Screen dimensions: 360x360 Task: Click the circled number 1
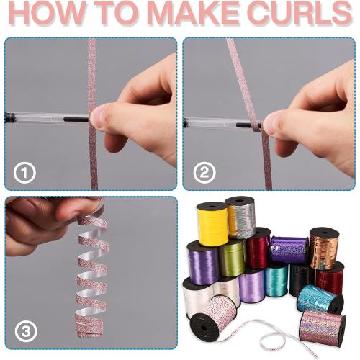tap(24, 173)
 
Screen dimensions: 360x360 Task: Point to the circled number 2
tap(204, 173)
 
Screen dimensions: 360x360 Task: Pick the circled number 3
tap(26, 332)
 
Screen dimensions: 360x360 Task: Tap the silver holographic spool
tap(240, 217)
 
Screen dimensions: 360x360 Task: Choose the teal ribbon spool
tap(276, 280)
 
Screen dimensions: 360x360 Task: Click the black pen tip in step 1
tap(76, 119)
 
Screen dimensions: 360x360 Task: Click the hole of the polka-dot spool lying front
tap(202, 327)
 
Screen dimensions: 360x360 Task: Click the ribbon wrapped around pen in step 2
tap(256, 125)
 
